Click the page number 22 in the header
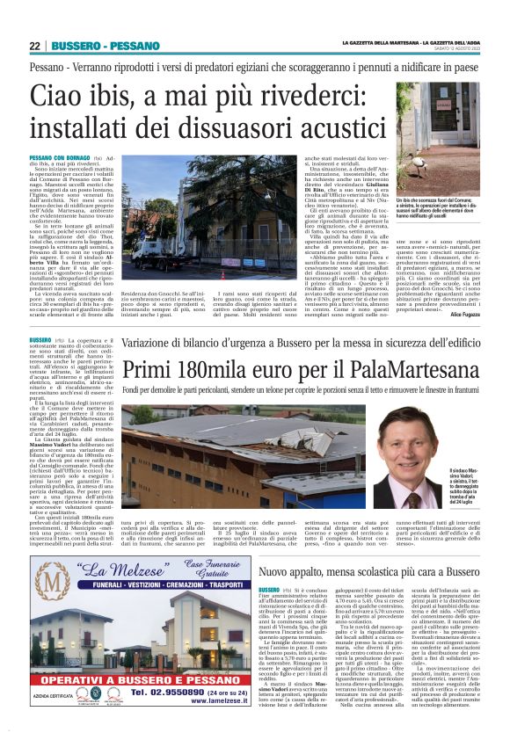click(36, 46)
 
